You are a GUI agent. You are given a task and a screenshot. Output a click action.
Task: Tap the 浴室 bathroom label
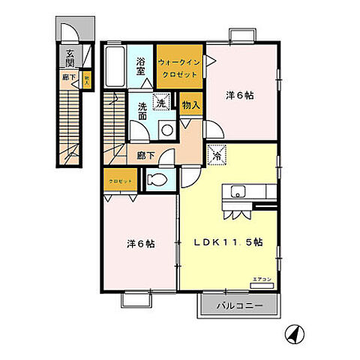tap(140, 65)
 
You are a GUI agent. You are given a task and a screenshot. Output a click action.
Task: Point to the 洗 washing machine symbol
tap(160, 102)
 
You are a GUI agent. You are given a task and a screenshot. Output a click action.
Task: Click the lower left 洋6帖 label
tap(140, 244)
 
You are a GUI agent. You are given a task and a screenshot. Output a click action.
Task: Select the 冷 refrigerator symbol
tap(217, 156)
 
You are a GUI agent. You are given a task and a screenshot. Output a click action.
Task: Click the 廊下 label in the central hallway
tap(145, 156)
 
